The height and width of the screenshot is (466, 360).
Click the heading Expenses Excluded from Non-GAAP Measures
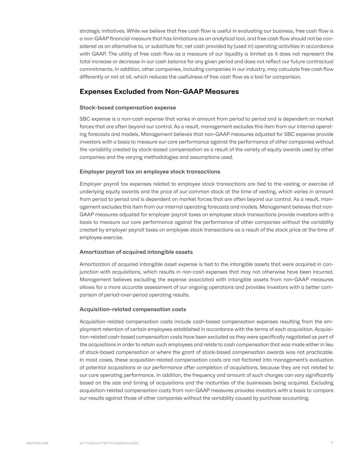click(159, 91)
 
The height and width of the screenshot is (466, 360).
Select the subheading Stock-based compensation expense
click(128, 108)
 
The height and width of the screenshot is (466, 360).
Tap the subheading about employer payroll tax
click(150, 171)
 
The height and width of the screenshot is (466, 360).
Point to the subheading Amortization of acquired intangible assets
click(136, 252)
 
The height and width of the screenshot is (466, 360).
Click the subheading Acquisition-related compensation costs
click(133, 309)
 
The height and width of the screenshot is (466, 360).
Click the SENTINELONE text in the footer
click(38, 443)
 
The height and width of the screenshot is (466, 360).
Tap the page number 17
click(332, 443)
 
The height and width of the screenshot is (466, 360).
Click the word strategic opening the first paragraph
click(90, 31)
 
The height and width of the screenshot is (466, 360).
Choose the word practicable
click(320, 352)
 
